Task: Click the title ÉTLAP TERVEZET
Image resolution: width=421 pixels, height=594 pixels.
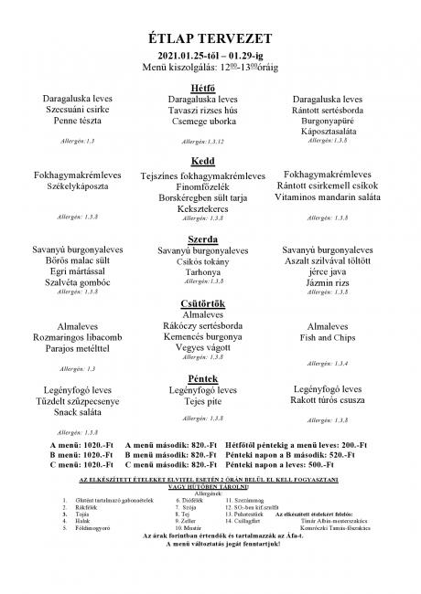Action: [210, 37]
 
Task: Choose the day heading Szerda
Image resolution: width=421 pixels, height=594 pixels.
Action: [210, 238]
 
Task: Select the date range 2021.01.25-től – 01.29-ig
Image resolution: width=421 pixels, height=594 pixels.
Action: [210, 57]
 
